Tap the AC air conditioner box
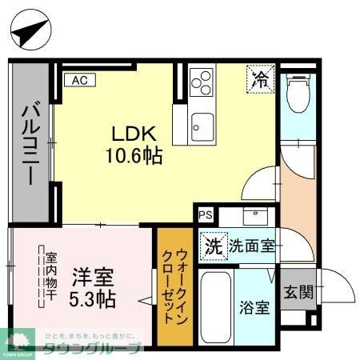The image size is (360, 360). [80, 80]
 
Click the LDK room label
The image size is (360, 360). [126, 133]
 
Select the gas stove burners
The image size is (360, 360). [202, 82]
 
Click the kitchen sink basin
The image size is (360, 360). [202, 125]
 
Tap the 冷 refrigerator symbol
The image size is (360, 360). [261, 78]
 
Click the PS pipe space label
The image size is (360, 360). [206, 215]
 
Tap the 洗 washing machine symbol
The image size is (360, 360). [214, 245]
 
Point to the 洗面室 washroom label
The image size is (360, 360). [252, 246]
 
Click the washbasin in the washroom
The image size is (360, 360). [254, 217]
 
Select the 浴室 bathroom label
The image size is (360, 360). [256, 306]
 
